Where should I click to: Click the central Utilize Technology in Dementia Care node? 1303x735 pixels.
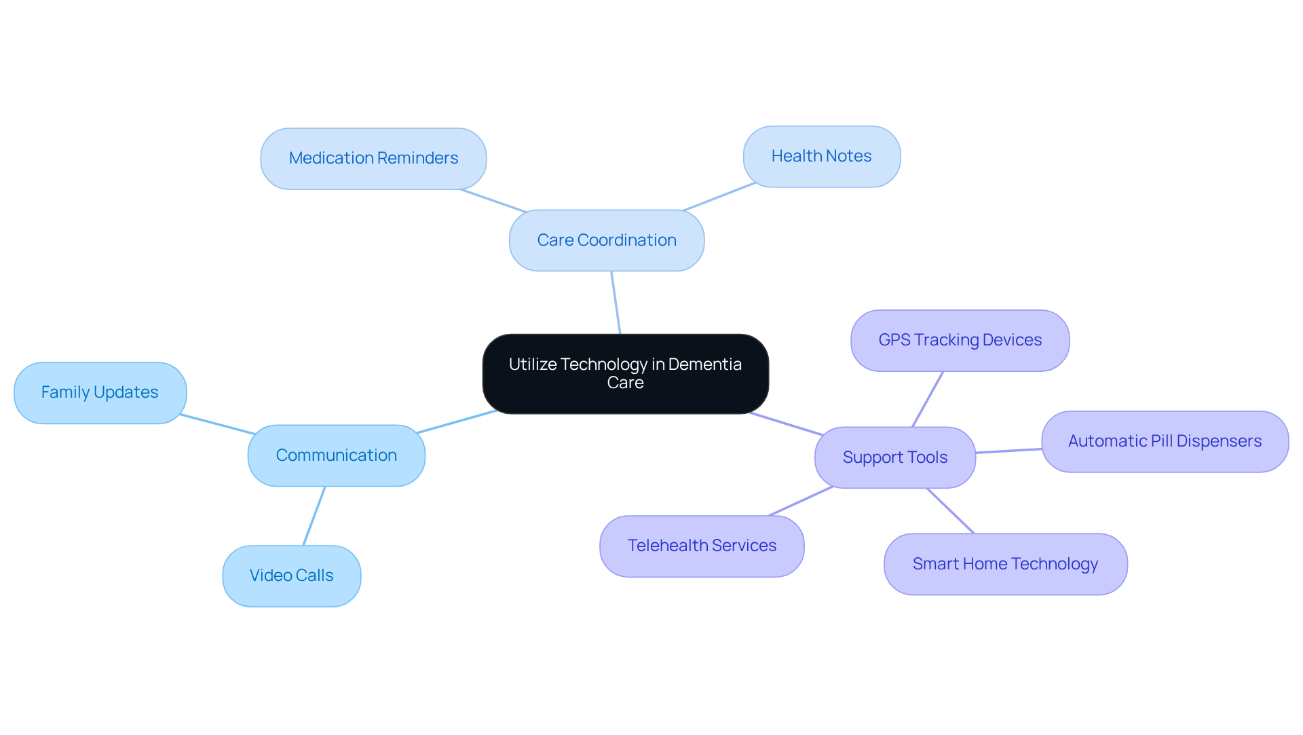(x=625, y=374)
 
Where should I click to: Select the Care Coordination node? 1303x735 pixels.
(x=606, y=240)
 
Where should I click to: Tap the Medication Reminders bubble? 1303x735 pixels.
(x=373, y=158)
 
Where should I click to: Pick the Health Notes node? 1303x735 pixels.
(x=821, y=156)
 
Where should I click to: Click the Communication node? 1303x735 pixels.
(x=336, y=455)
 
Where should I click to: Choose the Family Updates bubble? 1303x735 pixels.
(x=100, y=392)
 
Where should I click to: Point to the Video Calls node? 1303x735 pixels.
(x=291, y=576)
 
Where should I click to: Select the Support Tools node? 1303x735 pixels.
(x=894, y=457)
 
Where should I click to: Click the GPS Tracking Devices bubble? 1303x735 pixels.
(x=960, y=340)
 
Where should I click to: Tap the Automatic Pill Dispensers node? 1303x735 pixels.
(x=1165, y=441)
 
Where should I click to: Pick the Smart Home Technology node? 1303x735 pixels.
(x=1005, y=564)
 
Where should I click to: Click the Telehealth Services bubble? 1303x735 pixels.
(x=702, y=546)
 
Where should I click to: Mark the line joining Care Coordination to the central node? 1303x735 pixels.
(x=616, y=303)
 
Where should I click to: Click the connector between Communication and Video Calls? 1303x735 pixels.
(x=314, y=516)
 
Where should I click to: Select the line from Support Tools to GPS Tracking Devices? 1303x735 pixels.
(x=928, y=399)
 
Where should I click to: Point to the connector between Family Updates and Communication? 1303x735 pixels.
(x=217, y=424)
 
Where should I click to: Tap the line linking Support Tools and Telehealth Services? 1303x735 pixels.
(x=801, y=501)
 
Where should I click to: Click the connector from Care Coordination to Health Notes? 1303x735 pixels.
(x=719, y=197)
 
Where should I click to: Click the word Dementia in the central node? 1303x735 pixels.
(x=704, y=364)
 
